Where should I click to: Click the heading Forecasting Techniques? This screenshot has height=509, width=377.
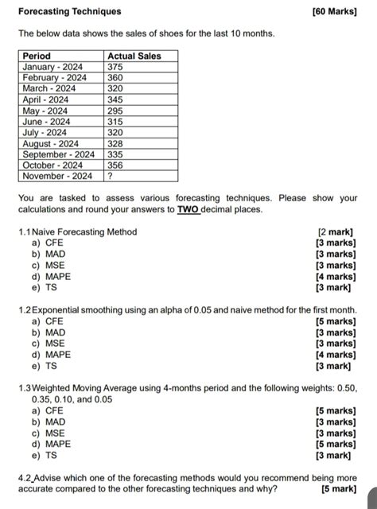pos(70,12)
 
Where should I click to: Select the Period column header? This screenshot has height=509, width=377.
pos(36,56)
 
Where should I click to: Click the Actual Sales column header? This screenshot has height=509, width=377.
pos(134,56)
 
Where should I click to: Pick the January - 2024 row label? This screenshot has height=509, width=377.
pos(53,67)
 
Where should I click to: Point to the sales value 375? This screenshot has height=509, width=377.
pos(116,67)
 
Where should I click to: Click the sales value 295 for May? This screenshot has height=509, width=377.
pos(116,111)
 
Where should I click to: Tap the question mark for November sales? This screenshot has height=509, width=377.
pos(111,176)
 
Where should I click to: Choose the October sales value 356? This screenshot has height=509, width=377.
pos(116,165)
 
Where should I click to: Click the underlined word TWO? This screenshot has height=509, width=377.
pos(188,210)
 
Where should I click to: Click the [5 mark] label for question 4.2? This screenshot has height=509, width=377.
pos(338,488)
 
